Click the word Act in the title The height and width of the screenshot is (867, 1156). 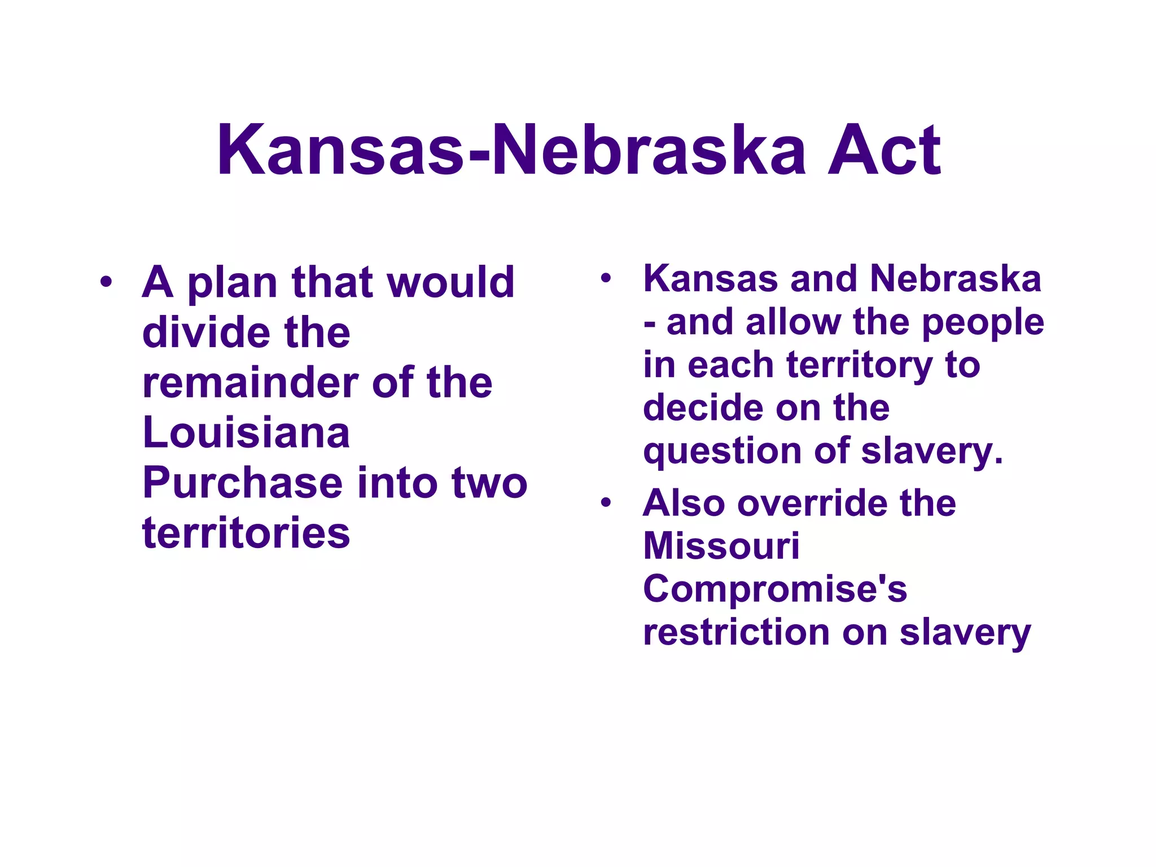pos(883,151)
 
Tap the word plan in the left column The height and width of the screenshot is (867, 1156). pos(232,283)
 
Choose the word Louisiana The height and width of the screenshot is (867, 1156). pos(246,432)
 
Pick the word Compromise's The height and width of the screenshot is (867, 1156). pos(775,590)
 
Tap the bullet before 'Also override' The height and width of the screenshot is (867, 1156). pos(606,502)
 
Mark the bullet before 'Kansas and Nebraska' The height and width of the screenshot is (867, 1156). pos(606,278)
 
